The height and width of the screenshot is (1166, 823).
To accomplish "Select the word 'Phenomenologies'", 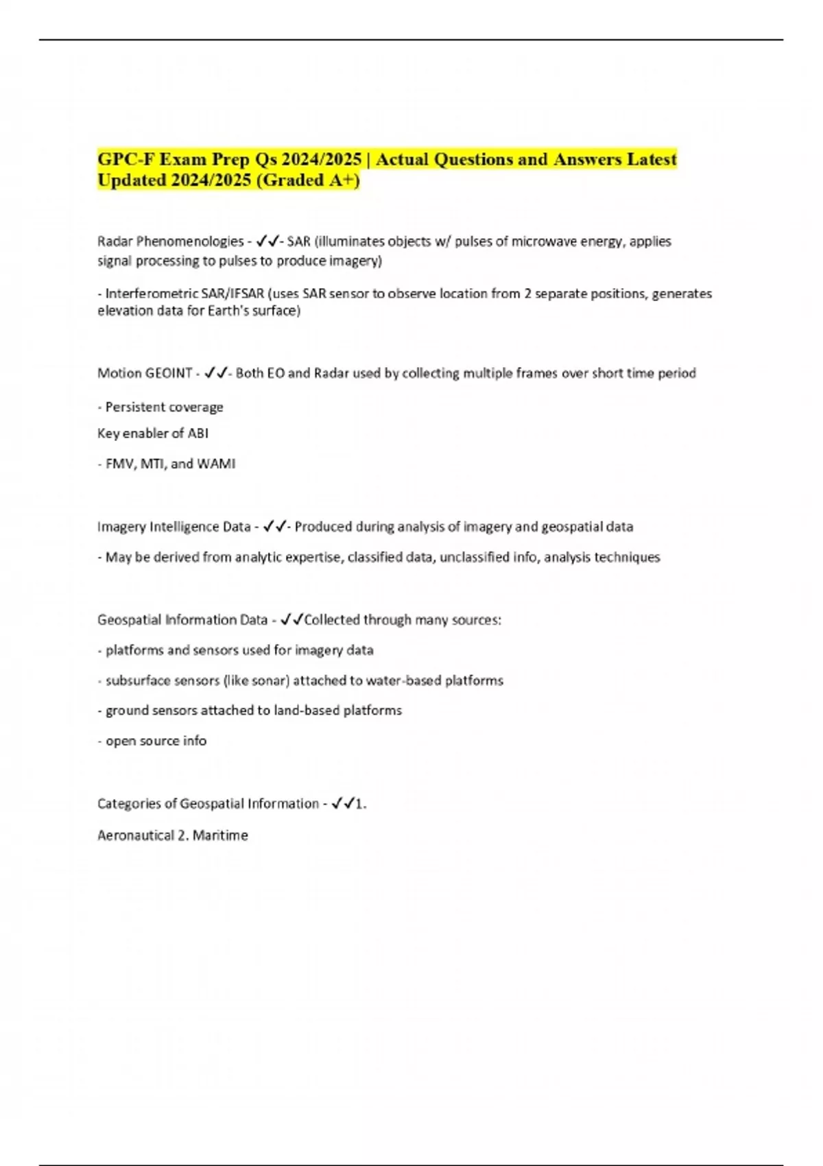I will (190, 241).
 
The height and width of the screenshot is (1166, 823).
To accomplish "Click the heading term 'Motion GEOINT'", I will (145, 373).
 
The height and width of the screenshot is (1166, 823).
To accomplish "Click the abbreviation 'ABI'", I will (198, 433).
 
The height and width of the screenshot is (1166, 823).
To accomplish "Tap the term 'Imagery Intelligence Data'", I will (174, 527).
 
